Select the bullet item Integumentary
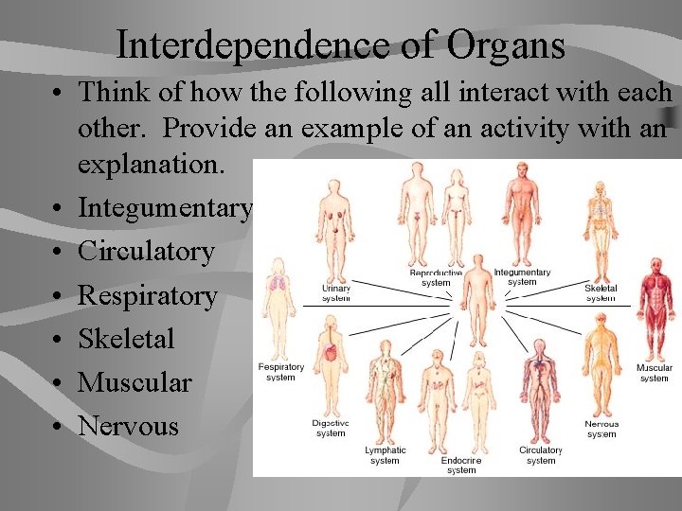(165, 207)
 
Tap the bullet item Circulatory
(146, 252)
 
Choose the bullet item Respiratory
(147, 295)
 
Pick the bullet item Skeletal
(126, 339)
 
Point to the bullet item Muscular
(135, 382)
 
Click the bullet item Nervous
(128, 426)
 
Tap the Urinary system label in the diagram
(335, 292)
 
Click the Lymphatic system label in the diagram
(386, 455)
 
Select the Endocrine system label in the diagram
(461, 465)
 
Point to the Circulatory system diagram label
(541, 455)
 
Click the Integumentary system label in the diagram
(522, 277)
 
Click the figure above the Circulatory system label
(540, 388)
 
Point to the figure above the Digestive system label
(331, 364)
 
